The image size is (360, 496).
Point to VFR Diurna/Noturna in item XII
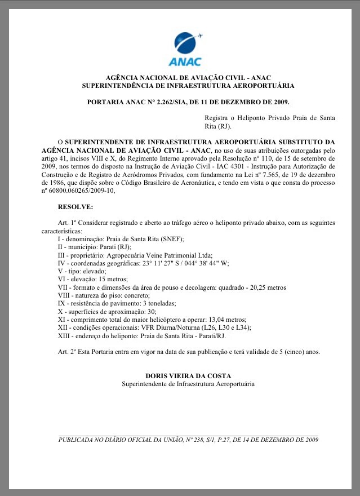coord(176,327)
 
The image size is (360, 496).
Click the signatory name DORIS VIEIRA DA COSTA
coord(188,376)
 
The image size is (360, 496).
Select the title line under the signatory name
coord(188,384)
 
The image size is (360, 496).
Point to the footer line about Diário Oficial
coord(188,440)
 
